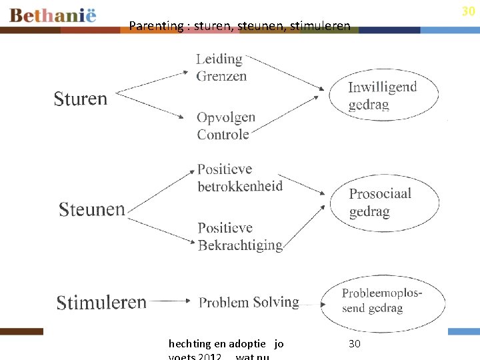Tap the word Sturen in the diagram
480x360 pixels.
(x=80, y=99)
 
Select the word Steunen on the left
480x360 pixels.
(x=91, y=209)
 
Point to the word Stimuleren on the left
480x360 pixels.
(x=101, y=302)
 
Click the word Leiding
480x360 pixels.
(x=219, y=59)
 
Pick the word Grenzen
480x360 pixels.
(x=221, y=76)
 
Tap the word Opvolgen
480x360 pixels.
(x=226, y=117)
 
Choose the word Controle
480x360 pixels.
(x=223, y=134)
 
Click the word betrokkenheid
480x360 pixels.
(x=240, y=186)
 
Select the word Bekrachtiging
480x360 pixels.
(x=240, y=245)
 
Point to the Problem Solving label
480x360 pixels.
(x=249, y=302)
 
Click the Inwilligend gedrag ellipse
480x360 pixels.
(x=383, y=95)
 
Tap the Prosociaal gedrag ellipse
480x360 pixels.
(x=384, y=203)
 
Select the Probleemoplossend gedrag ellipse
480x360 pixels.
(x=383, y=301)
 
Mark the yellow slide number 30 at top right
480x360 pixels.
(x=468, y=11)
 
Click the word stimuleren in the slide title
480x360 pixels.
(x=319, y=26)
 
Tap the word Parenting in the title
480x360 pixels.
(x=155, y=26)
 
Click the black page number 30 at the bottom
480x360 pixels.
(x=355, y=344)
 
